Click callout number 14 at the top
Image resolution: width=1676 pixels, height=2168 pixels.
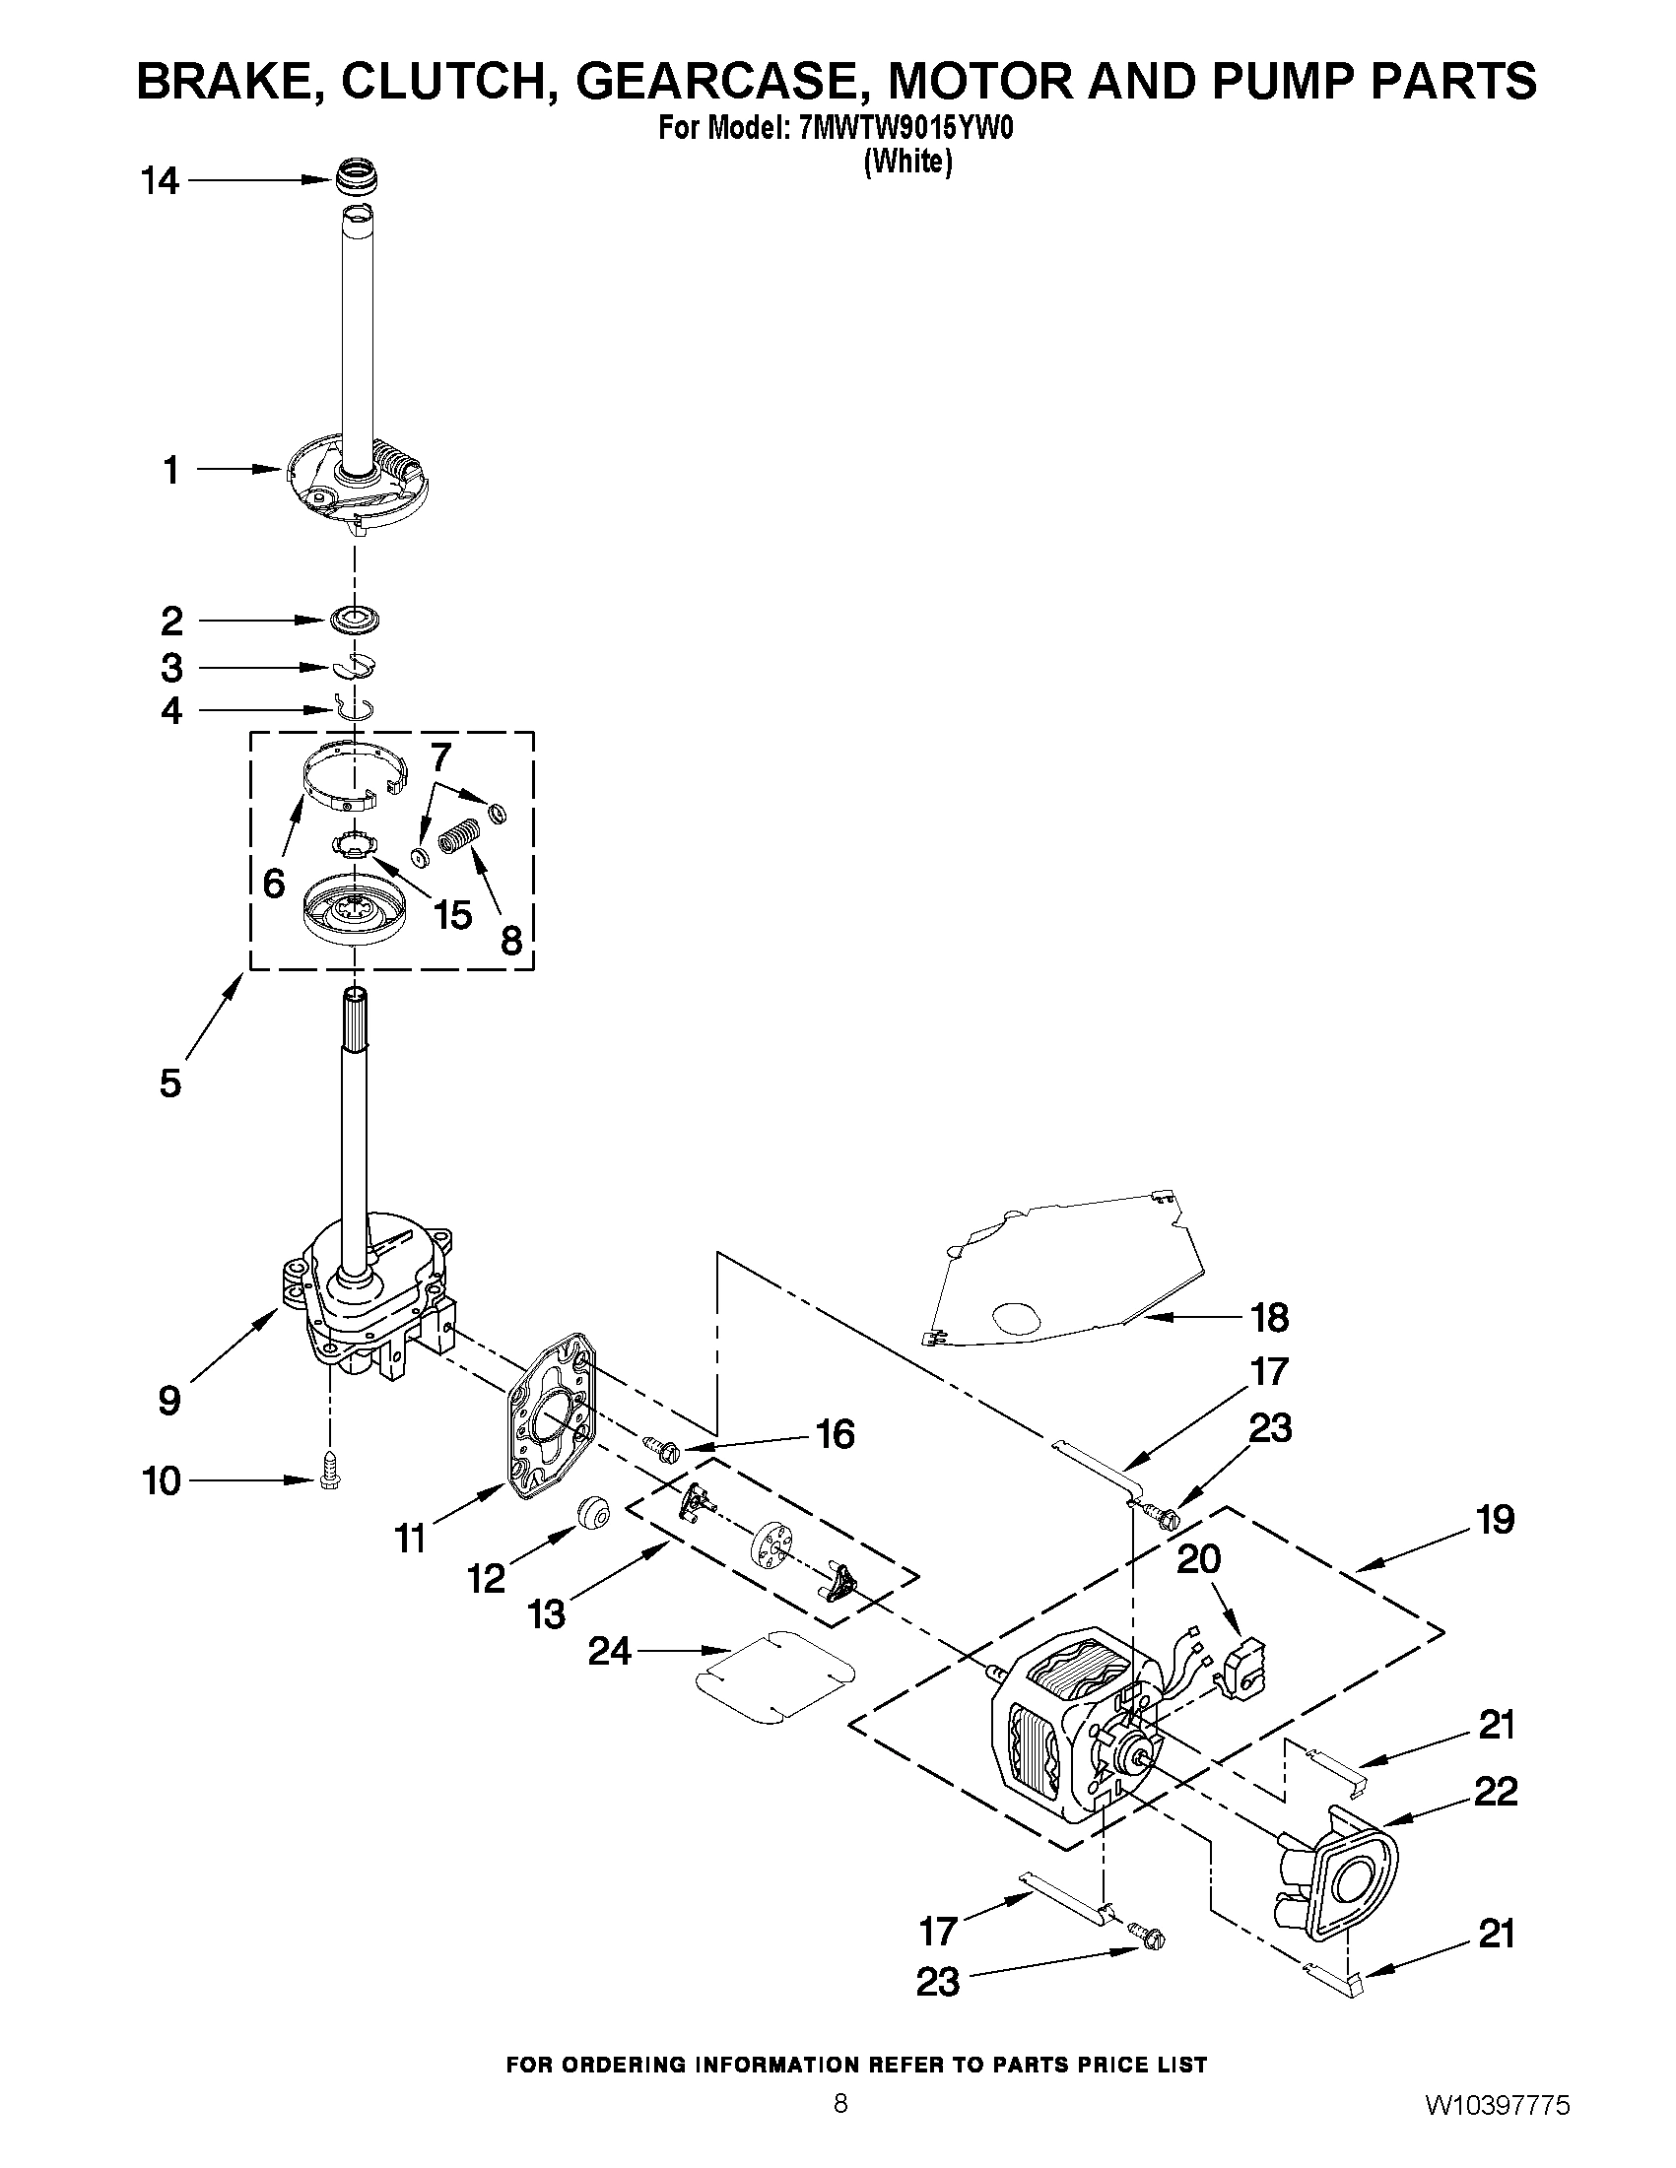pos(160,181)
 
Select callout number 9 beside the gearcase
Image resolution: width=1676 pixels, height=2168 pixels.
pos(169,1401)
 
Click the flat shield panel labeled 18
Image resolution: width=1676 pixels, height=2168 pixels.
pos(1072,1276)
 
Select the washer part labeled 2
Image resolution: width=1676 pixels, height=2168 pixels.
pos(355,620)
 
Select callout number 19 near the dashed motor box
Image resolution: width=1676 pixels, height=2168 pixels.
pos(1496,1520)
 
